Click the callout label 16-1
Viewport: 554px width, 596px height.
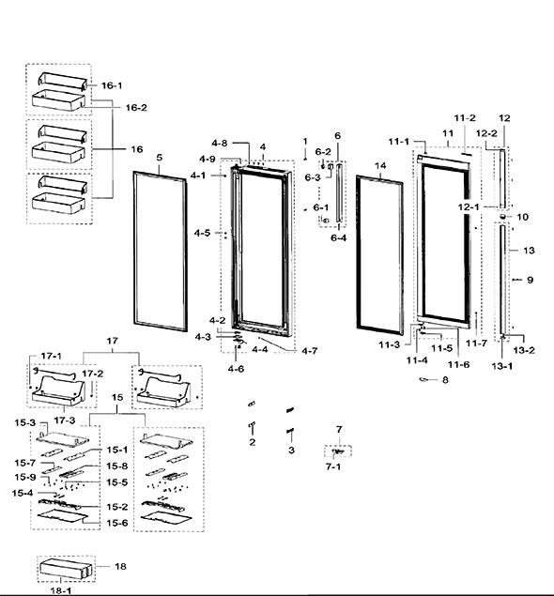[x=112, y=85]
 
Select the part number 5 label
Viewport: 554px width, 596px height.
[x=160, y=158]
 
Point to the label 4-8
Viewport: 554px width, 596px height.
[x=220, y=143]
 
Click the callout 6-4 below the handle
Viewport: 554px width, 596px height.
[x=338, y=238]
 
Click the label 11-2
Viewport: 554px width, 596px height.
[x=465, y=118]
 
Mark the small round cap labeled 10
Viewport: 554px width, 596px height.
[x=502, y=216]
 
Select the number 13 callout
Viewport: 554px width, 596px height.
[x=529, y=250]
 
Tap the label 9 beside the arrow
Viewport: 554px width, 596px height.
[x=530, y=280]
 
